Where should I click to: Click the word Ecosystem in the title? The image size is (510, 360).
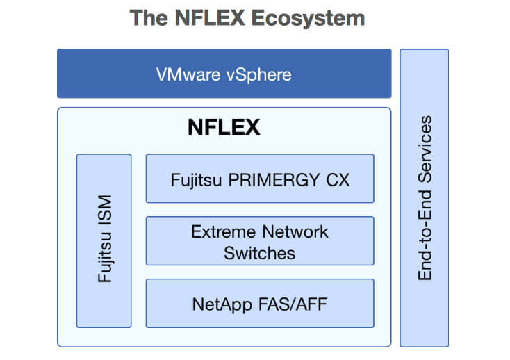coord(308,19)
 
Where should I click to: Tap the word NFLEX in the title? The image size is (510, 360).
coord(210,17)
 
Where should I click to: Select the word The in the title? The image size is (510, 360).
coord(149,17)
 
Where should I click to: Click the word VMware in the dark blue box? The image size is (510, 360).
coord(188,74)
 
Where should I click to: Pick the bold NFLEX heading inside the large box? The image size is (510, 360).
coord(224,126)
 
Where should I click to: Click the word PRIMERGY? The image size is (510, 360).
coord(274,180)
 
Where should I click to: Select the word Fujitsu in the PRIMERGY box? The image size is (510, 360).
coord(196,181)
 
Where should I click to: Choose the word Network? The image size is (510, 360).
coord(295,232)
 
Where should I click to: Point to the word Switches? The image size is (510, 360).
coord(260,253)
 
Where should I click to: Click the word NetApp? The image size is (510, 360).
coord(222,305)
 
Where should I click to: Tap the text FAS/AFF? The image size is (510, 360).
coord(293,304)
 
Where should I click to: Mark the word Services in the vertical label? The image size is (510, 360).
coord(425,149)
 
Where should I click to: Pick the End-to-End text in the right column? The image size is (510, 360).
coord(425,235)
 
